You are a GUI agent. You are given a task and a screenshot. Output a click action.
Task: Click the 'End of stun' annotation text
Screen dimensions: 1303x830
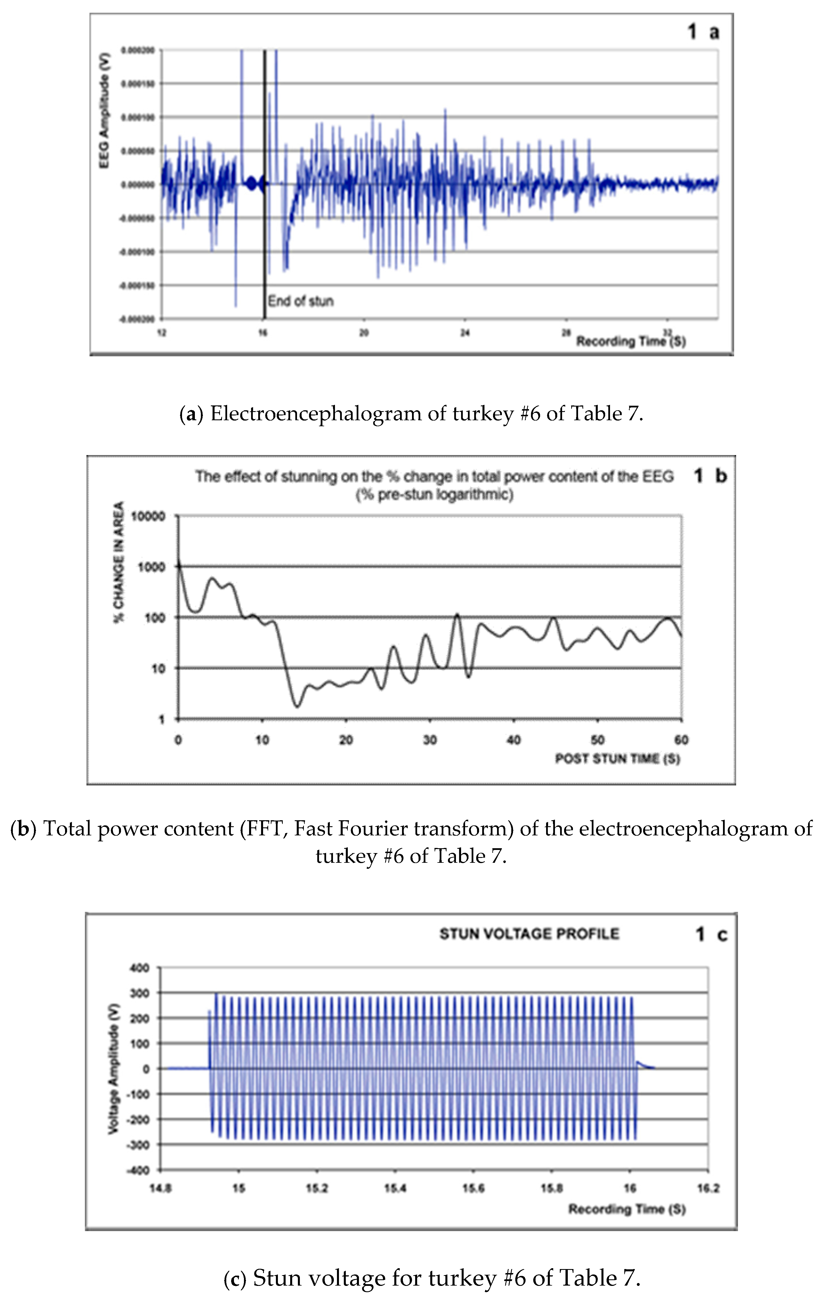pos(301,301)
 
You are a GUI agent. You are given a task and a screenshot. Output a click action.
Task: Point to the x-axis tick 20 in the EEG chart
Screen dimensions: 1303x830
pos(364,332)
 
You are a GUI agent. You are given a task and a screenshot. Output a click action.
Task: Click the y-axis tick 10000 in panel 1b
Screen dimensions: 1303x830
pos(154,516)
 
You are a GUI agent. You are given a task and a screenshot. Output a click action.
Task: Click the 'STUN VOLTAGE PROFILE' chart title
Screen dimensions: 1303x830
pos(529,934)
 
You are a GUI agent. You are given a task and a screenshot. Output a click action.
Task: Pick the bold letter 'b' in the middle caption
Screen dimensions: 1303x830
pos(23,829)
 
